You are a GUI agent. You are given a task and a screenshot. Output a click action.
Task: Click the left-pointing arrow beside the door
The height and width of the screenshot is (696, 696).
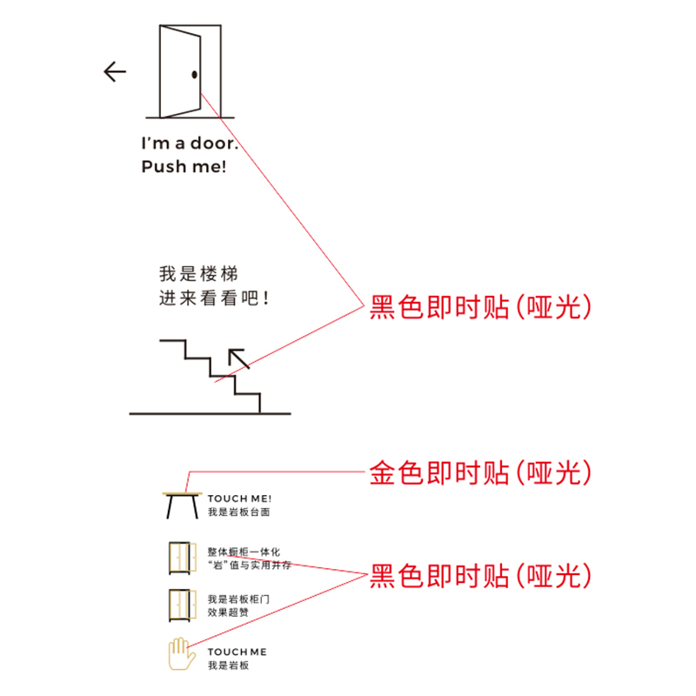pyautogui.click(x=115, y=71)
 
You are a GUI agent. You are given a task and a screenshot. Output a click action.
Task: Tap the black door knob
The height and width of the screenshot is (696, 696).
pyautogui.click(x=194, y=75)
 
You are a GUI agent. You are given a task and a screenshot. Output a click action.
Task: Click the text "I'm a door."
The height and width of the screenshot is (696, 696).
pyautogui.click(x=190, y=143)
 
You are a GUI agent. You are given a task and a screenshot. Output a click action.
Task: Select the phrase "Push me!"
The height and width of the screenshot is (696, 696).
pyautogui.click(x=184, y=166)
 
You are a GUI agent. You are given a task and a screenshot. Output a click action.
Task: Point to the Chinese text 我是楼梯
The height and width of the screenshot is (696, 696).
pyautogui.click(x=198, y=273)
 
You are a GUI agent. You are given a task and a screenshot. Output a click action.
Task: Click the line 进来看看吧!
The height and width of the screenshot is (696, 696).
pyautogui.click(x=213, y=298)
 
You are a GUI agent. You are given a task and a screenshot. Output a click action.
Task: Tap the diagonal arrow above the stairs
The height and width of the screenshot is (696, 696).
pyautogui.click(x=238, y=358)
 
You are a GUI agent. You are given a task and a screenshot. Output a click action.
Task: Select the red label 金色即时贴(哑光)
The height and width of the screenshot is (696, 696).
pyautogui.click(x=480, y=472)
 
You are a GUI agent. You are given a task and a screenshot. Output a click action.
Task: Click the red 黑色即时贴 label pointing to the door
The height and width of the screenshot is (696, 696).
pyautogui.click(x=480, y=307)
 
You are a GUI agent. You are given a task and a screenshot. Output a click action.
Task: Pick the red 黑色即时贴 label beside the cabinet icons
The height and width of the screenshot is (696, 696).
pyautogui.click(x=480, y=576)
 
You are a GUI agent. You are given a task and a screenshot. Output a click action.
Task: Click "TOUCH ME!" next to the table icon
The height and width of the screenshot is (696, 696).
pyautogui.click(x=240, y=499)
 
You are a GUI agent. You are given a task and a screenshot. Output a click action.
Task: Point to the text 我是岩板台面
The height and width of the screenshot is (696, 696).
pyautogui.click(x=238, y=512)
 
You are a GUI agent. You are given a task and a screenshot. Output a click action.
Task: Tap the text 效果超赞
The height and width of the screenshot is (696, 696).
pyautogui.click(x=228, y=612)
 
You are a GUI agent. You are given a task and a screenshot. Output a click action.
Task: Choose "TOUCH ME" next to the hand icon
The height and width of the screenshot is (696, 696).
pyautogui.click(x=237, y=652)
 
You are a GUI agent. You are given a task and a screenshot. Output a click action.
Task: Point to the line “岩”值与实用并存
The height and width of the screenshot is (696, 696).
pyautogui.click(x=250, y=565)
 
